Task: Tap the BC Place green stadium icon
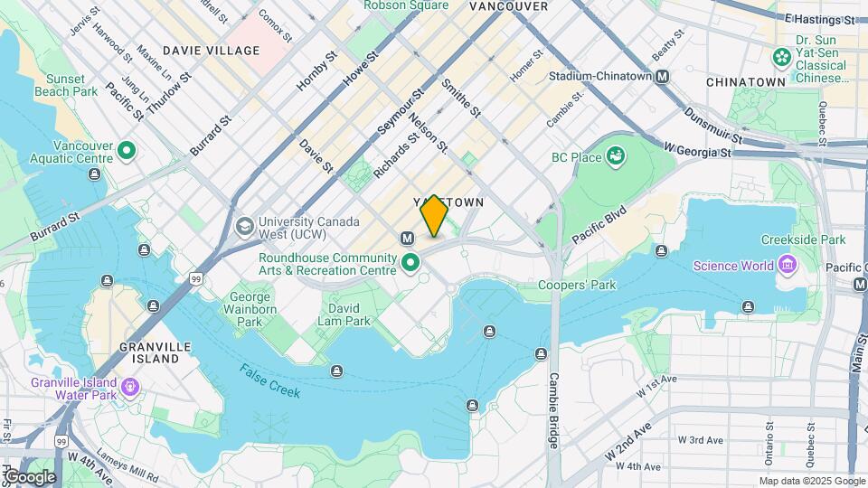point(616,157)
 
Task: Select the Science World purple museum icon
point(787,265)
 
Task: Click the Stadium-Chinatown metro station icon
point(663,78)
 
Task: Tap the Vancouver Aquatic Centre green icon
point(127,151)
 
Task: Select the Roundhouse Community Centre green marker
point(410,264)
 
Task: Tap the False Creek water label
point(271,380)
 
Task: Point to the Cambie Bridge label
point(554,411)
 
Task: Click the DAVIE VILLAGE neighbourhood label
point(211,51)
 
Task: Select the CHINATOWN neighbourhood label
point(745,82)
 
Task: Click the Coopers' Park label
point(577,286)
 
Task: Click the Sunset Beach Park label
point(65,85)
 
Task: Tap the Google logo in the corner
point(29,476)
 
